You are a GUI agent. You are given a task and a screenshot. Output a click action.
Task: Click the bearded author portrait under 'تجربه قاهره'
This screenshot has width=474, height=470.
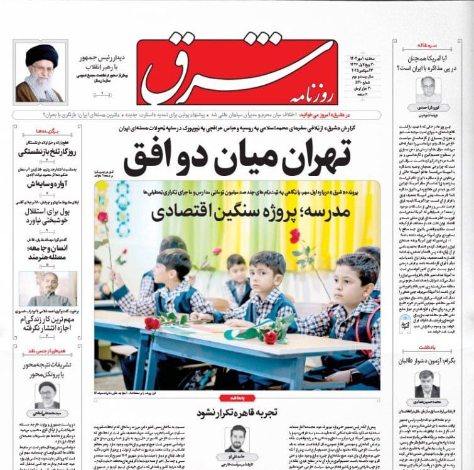pyautogui.click(x=237, y=438)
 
